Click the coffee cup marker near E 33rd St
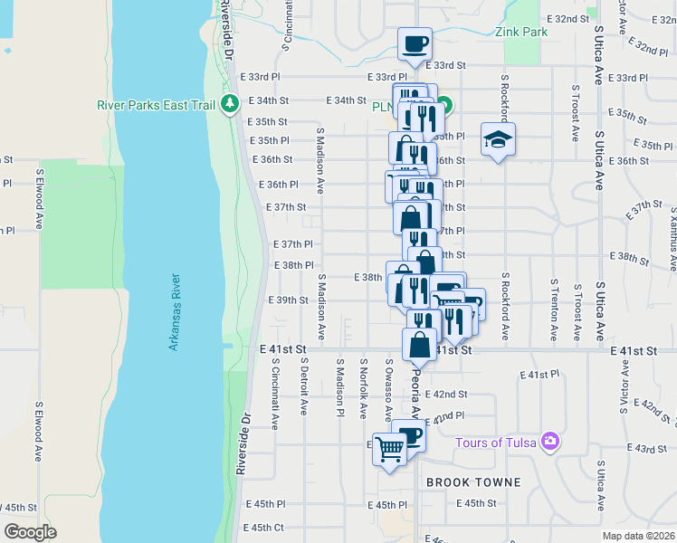[415, 44]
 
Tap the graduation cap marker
[497, 140]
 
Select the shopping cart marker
[390, 449]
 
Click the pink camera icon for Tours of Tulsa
[548, 442]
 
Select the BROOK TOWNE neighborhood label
[473, 482]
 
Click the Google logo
[31, 531]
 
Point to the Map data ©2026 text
[638, 536]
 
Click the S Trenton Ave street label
[554, 309]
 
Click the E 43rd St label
[650, 449]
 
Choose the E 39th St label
[289, 300]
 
